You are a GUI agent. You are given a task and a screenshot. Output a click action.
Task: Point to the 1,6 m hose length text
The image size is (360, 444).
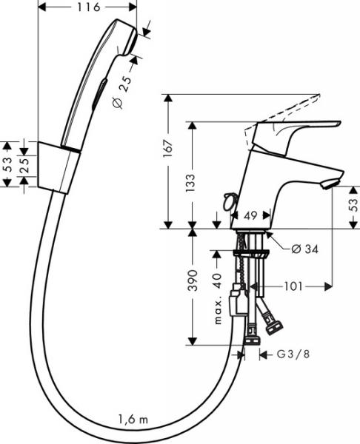pos(133,420)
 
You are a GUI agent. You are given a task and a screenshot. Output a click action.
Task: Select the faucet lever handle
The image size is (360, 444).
pos(296,130)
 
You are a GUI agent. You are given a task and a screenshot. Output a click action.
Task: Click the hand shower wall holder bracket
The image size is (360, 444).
pos(59,166)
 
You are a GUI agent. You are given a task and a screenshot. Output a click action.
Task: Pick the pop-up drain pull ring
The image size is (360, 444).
pos(227,198)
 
